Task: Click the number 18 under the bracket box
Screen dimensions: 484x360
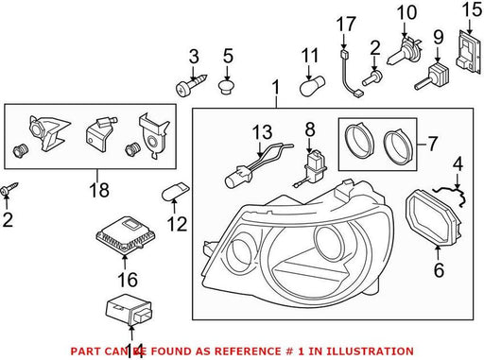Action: click(99, 190)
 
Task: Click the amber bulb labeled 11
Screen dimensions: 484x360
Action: click(312, 85)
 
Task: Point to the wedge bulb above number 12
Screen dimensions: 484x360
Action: click(175, 192)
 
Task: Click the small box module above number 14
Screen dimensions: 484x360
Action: click(129, 309)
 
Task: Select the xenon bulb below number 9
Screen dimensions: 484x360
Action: click(432, 76)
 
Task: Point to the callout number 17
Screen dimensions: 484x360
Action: click(346, 25)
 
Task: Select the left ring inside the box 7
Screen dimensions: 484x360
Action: click(359, 141)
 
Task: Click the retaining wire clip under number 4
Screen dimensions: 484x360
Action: click(451, 194)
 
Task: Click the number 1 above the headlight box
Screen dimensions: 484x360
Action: click(276, 87)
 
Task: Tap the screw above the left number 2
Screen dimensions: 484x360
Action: click(10, 188)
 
